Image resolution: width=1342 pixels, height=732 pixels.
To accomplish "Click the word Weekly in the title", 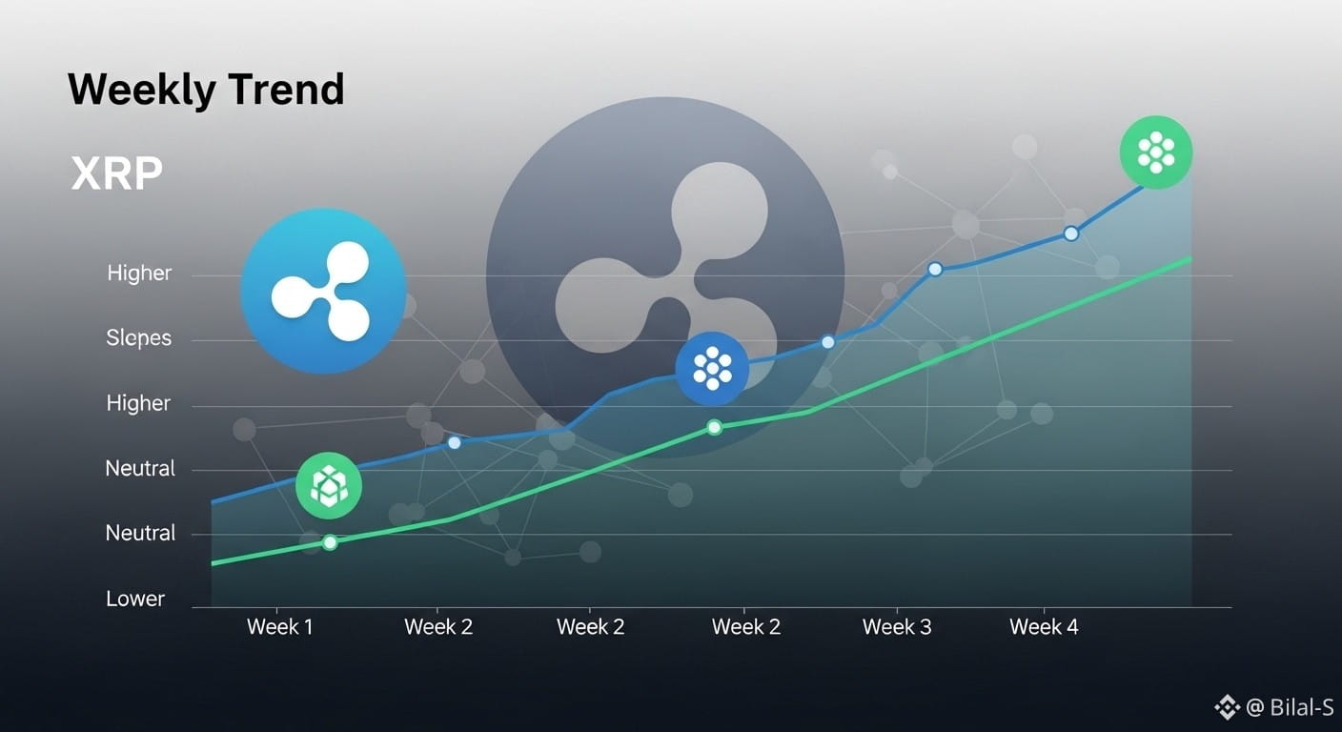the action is tap(142, 90).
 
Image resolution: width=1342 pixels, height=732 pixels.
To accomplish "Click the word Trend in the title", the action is tap(287, 89).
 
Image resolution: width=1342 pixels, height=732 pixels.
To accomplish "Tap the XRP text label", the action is tap(117, 173).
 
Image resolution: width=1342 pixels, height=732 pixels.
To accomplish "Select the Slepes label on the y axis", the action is tap(138, 338).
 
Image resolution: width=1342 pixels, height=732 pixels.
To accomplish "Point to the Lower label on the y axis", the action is tap(134, 599).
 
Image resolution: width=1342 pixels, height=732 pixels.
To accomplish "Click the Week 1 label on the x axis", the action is tap(280, 627).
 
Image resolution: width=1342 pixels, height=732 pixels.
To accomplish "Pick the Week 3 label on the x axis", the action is tap(897, 627).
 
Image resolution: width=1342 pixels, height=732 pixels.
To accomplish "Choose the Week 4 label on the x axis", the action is tap(1044, 627).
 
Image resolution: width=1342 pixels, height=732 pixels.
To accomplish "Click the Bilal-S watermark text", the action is tap(1301, 707).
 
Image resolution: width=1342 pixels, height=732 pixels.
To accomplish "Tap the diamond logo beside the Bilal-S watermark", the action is tap(1227, 707).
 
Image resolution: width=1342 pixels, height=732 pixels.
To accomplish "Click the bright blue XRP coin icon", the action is tap(323, 291).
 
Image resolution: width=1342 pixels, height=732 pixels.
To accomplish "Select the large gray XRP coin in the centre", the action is tap(665, 276).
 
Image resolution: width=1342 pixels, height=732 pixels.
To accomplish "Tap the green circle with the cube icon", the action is tap(328, 485).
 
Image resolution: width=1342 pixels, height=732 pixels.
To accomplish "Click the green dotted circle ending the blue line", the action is tap(1156, 152).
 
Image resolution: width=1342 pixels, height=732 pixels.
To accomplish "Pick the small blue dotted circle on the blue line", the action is tap(712, 369).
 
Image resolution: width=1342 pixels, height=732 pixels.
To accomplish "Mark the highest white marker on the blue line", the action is tap(1071, 234).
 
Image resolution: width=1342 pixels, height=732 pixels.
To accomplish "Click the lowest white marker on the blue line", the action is tap(455, 442).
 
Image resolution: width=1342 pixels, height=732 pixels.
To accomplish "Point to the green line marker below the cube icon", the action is tap(330, 542).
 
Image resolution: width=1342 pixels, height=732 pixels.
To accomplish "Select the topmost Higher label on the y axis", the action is tap(139, 274).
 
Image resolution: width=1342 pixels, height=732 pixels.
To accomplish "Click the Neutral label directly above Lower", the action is tap(140, 533).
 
